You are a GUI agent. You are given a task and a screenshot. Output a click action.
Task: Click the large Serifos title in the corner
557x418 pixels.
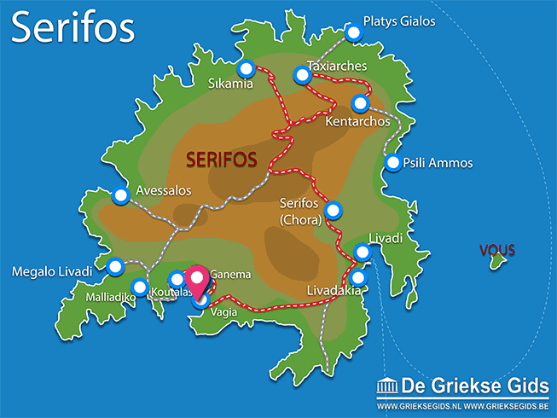73,27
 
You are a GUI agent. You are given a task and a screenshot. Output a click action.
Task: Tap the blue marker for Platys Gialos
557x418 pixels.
354,32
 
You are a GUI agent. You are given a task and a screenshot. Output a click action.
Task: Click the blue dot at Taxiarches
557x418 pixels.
301,75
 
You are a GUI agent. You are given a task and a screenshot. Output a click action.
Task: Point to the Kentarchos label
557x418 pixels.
357,122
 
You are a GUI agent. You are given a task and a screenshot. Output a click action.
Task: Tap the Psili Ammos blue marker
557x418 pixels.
393,162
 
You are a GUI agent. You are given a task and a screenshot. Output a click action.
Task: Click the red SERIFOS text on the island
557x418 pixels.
222,160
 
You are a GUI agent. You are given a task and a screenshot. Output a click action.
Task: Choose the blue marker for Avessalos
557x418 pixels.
120,195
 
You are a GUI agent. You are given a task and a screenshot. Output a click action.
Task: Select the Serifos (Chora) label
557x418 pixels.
299,212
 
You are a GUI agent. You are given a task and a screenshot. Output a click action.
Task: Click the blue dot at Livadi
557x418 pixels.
363,252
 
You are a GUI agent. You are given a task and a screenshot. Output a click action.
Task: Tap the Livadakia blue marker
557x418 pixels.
357,278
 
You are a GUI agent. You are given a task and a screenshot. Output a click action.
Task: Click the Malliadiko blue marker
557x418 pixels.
140,287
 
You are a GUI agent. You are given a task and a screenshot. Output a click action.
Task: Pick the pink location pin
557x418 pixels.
199,281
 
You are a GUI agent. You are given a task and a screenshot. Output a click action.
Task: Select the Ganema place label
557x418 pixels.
230,275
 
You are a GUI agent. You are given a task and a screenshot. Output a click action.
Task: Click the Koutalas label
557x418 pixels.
168,295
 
